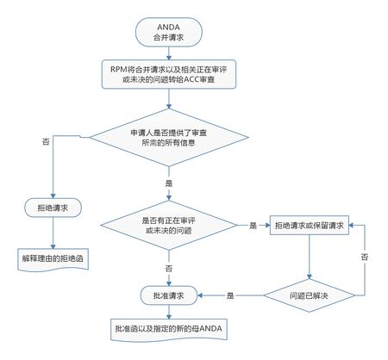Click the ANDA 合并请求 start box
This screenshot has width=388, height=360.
click(169, 32)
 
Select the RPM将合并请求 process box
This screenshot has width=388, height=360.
click(169, 74)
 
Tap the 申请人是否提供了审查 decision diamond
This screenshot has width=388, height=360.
click(169, 138)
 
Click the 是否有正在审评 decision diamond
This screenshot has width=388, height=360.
click(169, 226)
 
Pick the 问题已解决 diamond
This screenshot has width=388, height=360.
click(309, 295)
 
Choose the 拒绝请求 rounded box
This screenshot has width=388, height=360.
click(53, 208)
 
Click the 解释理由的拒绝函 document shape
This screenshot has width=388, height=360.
click(53, 259)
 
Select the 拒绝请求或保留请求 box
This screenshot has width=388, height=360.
click(310, 226)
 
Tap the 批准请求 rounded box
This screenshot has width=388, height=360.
click(169, 295)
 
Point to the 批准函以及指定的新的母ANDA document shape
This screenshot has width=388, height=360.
click(169, 330)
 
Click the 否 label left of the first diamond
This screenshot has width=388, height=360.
click(46, 141)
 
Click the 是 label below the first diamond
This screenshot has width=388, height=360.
click(169, 183)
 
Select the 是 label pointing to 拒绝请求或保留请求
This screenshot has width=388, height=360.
click(253, 226)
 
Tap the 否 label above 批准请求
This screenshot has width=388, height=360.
click(169, 269)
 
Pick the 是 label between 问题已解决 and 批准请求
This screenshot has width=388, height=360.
click(230, 295)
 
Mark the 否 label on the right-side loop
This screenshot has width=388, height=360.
click(365, 257)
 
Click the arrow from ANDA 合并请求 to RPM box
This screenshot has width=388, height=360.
click(169, 53)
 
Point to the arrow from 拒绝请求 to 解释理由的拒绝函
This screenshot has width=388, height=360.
click(53, 233)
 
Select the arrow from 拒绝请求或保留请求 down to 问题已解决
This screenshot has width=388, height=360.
click(310, 257)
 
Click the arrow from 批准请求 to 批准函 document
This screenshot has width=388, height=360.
click(169, 312)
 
